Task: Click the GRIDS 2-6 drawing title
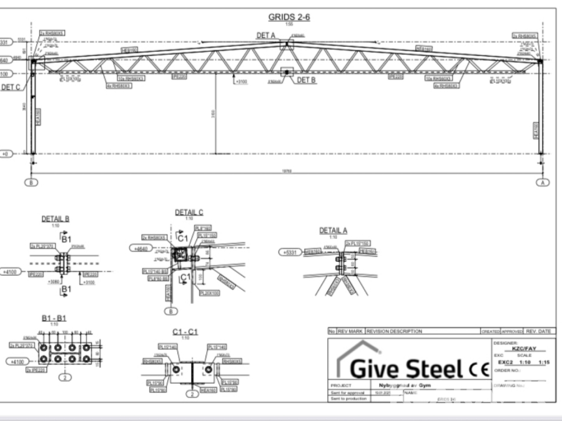click(x=288, y=16)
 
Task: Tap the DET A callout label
click(x=265, y=36)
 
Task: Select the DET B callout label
click(x=307, y=80)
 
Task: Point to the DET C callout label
click(x=10, y=87)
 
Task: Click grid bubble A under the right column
click(x=542, y=182)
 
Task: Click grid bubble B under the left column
click(x=32, y=182)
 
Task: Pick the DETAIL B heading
click(x=55, y=219)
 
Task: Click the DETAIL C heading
click(x=189, y=213)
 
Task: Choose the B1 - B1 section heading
click(x=54, y=317)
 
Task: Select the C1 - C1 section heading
click(x=185, y=331)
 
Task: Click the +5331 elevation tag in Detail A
click(x=289, y=252)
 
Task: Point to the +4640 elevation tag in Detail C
click(x=141, y=248)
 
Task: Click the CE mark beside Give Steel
click(x=473, y=368)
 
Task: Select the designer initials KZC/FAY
click(x=524, y=349)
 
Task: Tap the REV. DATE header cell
click(x=538, y=331)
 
